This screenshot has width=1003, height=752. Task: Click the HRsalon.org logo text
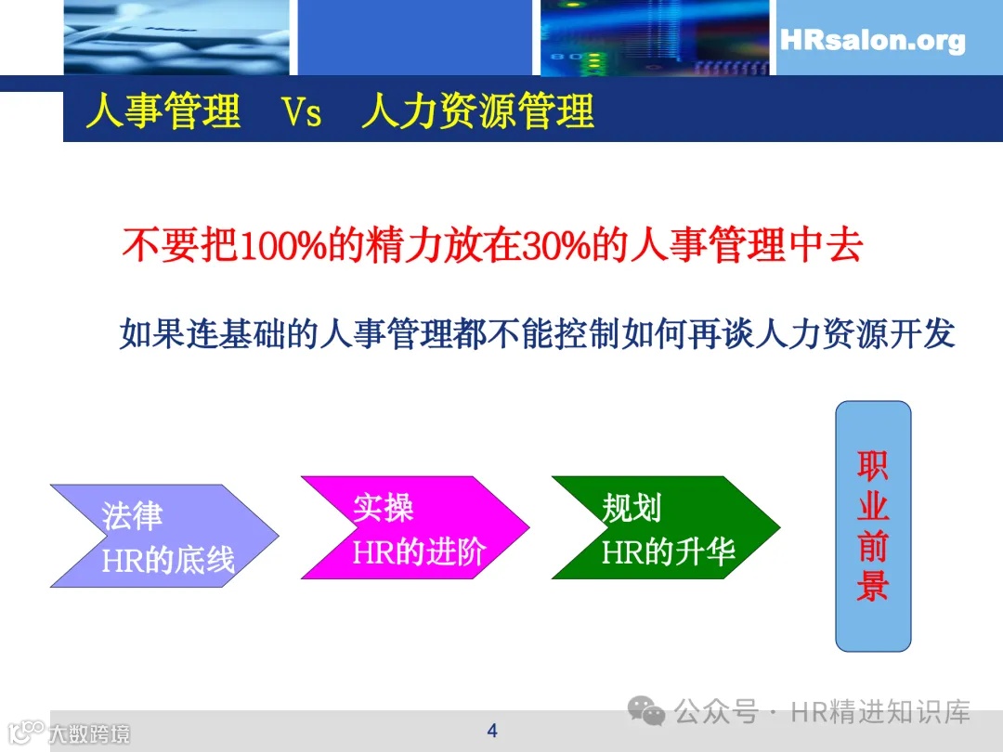[872, 41]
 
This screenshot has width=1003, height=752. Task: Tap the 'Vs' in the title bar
[302, 112]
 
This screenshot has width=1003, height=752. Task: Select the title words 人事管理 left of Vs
[163, 112]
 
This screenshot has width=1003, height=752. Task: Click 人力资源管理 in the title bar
[477, 112]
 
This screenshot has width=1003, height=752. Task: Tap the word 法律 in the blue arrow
[133, 517]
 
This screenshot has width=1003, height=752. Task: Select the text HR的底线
[168, 560]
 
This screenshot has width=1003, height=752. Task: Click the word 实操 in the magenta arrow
[383, 509]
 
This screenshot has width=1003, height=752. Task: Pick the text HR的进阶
[419, 552]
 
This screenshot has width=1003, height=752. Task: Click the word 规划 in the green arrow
[632, 509]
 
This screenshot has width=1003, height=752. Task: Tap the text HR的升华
[669, 552]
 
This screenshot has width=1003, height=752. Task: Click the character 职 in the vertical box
[873, 464]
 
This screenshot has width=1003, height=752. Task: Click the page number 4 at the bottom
[492, 731]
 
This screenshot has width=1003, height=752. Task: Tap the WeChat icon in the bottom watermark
[646, 712]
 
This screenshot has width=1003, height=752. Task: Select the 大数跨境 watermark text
[89, 733]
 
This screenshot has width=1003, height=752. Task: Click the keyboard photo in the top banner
[176, 37]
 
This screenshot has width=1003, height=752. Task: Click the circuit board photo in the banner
[655, 37]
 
